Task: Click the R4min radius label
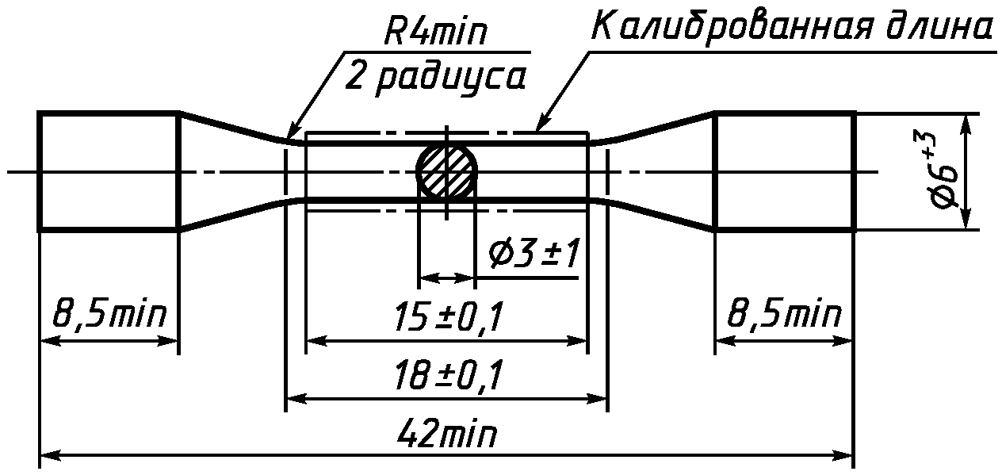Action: [x=434, y=31]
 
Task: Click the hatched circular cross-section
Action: [x=446, y=170]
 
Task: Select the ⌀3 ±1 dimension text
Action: [x=534, y=254]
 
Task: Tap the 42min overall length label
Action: [x=446, y=432]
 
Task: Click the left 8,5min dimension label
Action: [x=109, y=316]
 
